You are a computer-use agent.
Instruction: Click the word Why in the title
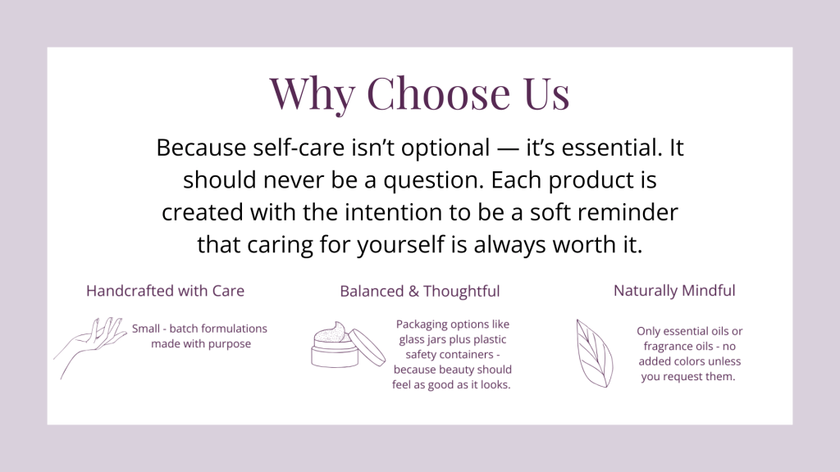(312, 94)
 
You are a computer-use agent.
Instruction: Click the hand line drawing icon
(90, 347)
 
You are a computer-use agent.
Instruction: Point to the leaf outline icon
(595, 353)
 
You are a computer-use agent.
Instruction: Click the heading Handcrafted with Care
(165, 291)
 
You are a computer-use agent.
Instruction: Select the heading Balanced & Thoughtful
(419, 291)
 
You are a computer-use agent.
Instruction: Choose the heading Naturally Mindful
(674, 291)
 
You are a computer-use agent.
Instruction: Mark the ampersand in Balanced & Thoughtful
(413, 291)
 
